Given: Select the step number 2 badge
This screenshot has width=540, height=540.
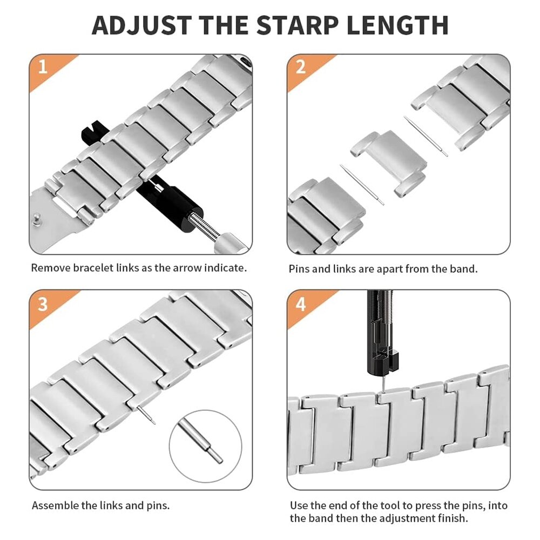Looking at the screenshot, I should click(x=301, y=67).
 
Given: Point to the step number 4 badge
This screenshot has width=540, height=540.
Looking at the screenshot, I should click(x=301, y=303).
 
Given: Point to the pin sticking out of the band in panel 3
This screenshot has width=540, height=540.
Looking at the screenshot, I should click(x=146, y=415).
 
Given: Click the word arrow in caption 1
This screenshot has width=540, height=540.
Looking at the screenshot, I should click(x=186, y=268).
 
